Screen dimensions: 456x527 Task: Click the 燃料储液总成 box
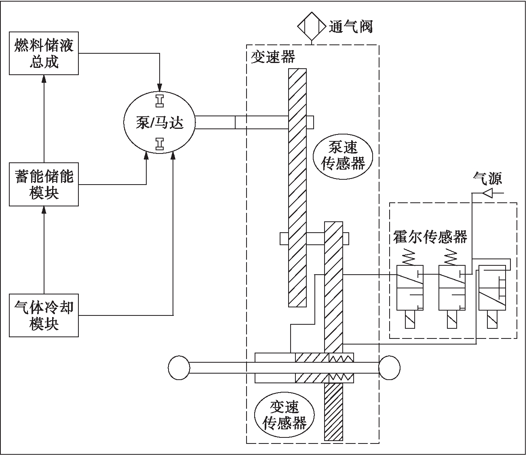coord(44,54)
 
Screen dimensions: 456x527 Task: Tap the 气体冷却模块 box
coord(44,315)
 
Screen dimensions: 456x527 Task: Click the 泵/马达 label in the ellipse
coord(159,122)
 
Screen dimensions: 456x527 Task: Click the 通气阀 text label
coord(350,27)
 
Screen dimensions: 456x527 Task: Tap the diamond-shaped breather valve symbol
coord(312,27)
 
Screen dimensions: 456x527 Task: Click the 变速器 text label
coord(273,57)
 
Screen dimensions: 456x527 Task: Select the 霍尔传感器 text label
coord(430,237)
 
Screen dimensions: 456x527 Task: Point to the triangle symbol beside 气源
coord(487,193)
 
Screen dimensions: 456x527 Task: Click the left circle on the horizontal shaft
coord(179,368)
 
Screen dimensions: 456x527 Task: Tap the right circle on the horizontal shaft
coord(389,368)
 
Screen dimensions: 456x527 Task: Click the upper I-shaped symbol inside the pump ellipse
coord(160,100)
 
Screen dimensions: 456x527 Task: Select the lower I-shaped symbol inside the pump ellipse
coord(160,143)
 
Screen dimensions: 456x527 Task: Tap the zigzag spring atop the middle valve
coord(451,255)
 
